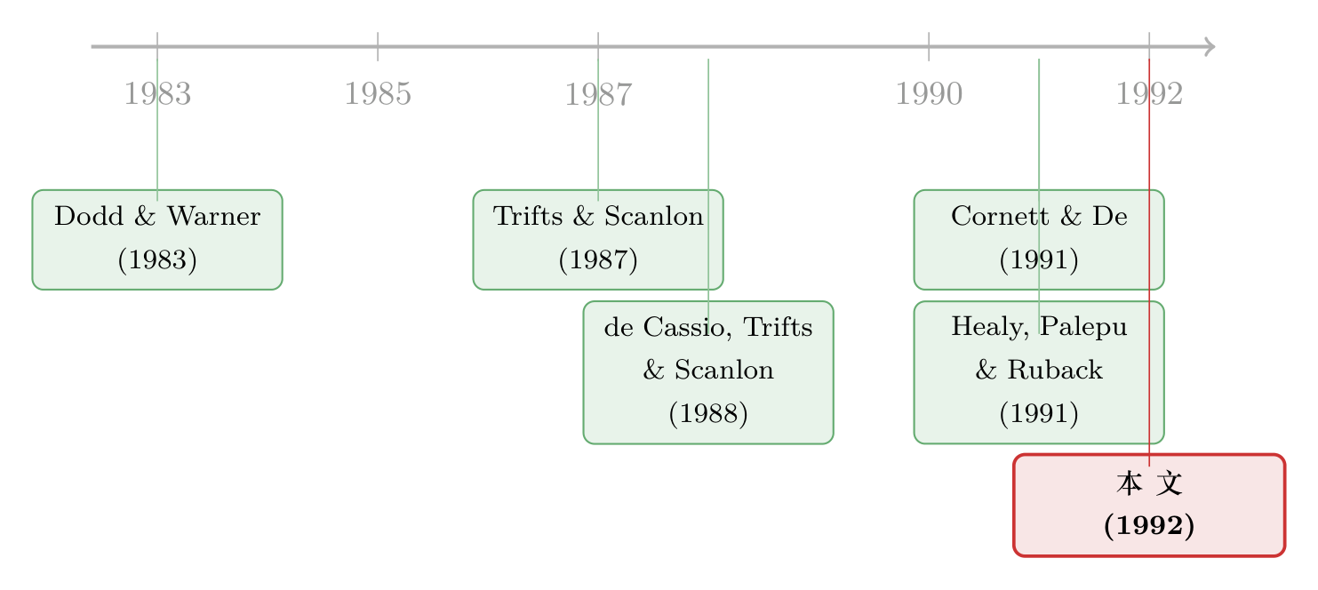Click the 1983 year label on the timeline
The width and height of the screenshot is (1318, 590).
tap(157, 94)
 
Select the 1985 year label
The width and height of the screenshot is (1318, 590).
tap(378, 94)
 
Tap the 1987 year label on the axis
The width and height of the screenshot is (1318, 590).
tap(598, 94)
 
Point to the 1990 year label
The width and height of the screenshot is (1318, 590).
tap(929, 94)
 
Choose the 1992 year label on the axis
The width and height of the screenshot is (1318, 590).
tap(1149, 94)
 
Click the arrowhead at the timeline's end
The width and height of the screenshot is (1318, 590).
tap(1210, 46)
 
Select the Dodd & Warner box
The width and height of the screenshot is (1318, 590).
tap(157, 239)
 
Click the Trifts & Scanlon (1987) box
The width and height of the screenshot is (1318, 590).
tap(598, 239)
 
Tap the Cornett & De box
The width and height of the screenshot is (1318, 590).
tap(1039, 239)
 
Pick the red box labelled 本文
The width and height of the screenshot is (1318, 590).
tap(1149, 505)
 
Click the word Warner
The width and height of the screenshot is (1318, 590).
tap(214, 216)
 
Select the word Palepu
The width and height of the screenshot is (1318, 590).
tap(1084, 327)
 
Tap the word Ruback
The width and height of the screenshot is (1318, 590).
tap(1055, 370)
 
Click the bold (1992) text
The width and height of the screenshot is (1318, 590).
tap(1149, 525)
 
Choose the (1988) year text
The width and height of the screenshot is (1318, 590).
tap(708, 413)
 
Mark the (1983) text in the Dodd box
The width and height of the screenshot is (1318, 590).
tap(157, 260)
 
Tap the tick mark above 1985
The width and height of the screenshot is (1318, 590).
tap(378, 46)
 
